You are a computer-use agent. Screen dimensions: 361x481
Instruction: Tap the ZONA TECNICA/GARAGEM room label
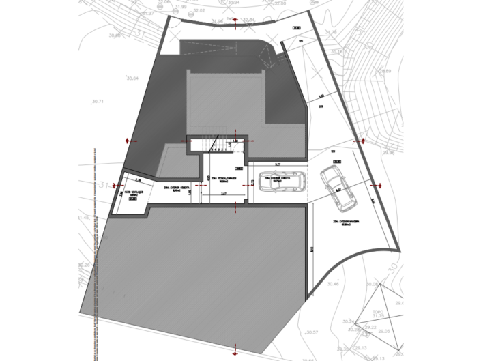point(224,179)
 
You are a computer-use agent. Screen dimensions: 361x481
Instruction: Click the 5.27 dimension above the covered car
point(277,164)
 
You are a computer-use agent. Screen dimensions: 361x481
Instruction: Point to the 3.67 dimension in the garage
point(224,194)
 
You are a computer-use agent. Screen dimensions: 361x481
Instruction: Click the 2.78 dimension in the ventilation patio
point(139,180)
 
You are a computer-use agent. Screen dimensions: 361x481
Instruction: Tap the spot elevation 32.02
point(199,11)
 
